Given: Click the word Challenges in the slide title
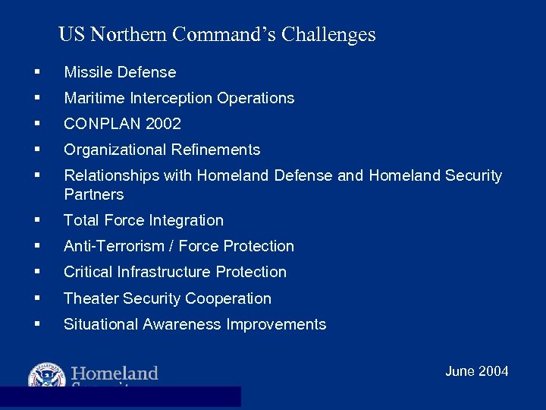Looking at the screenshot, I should click(328, 35).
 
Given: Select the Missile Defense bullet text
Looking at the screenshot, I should click(120, 73).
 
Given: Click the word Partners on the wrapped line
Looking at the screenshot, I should click(93, 195).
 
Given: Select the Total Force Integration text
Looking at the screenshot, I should click(143, 221).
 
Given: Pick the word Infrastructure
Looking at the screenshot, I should click(175, 273).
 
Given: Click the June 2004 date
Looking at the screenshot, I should click(476, 371).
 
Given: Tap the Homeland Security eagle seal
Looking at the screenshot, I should click(47, 375).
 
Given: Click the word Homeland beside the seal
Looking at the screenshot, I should click(115, 374).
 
